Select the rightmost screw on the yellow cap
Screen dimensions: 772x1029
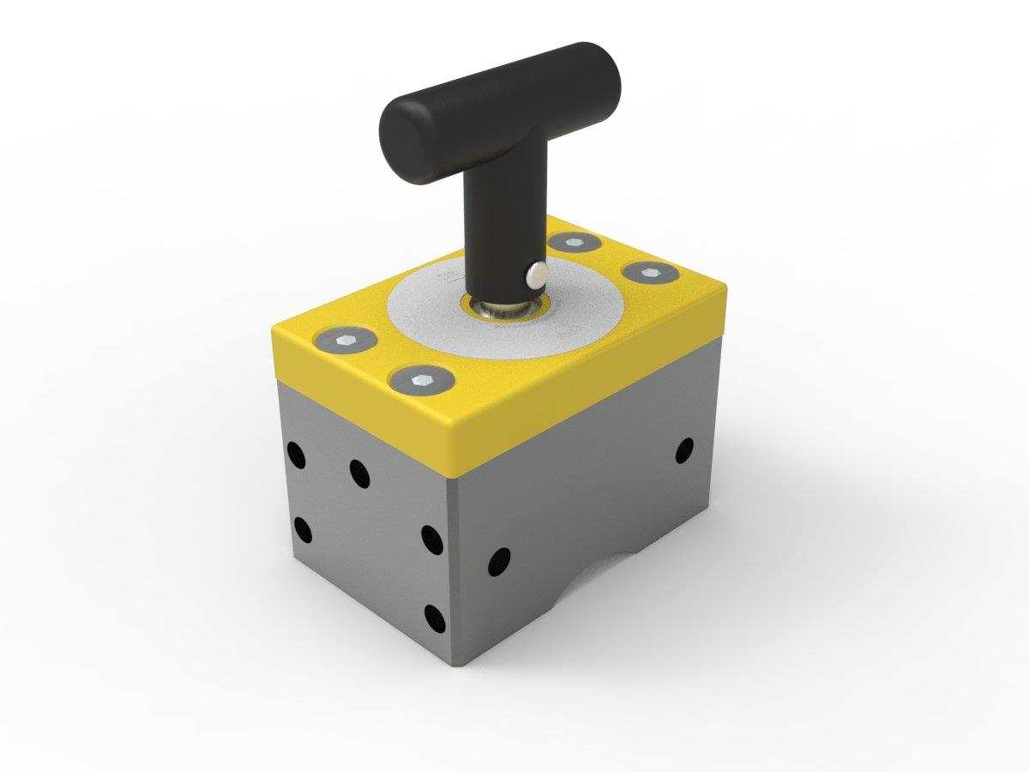[x=650, y=274]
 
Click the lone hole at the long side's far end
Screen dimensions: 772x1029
[x=684, y=449]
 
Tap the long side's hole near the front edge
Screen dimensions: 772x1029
[x=498, y=562]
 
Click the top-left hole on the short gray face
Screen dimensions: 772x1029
[x=297, y=455]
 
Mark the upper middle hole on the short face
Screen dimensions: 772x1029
[x=358, y=472]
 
